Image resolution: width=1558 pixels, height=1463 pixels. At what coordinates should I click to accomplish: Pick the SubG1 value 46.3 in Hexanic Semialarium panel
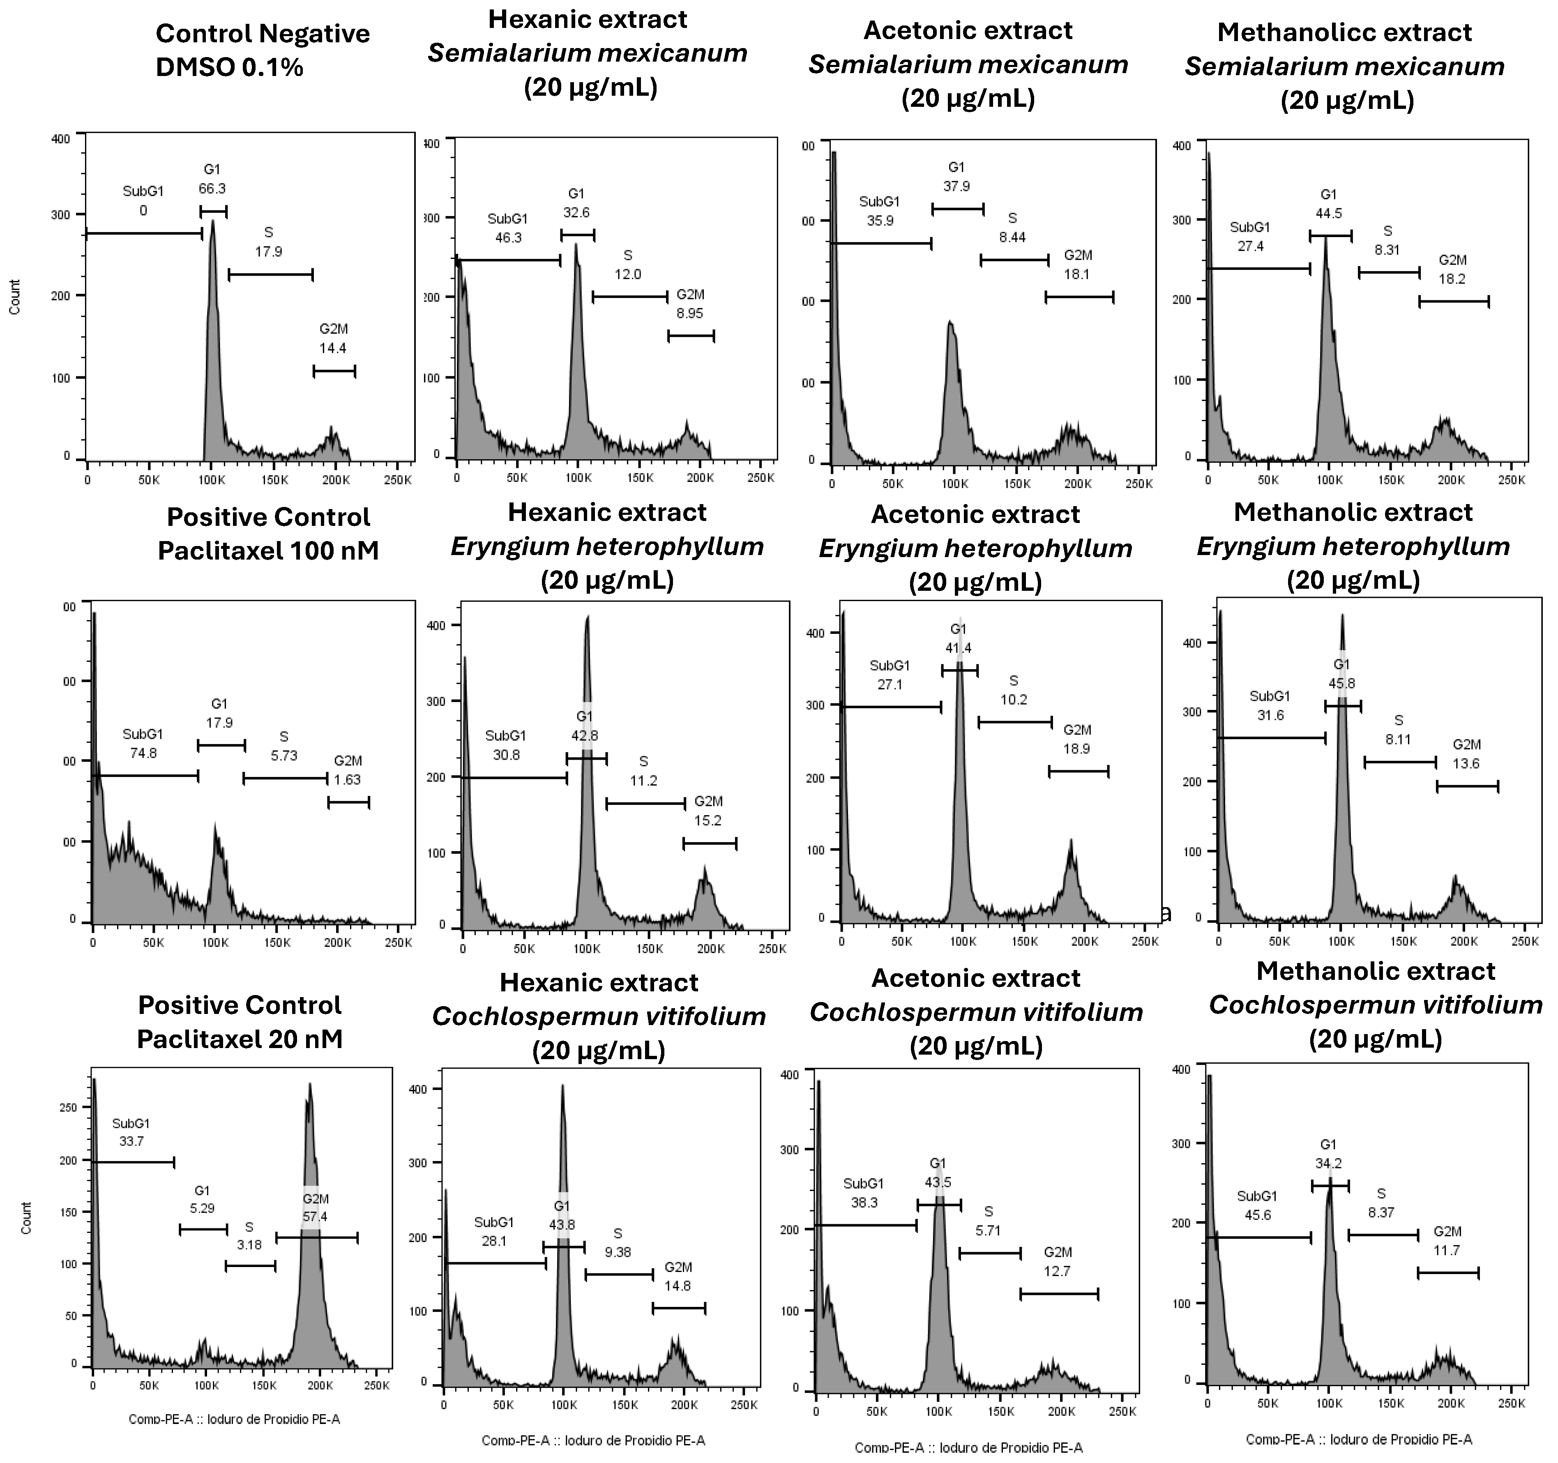(x=508, y=237)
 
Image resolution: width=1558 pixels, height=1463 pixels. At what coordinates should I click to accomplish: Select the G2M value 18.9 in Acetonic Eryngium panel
(x=1077, y=749)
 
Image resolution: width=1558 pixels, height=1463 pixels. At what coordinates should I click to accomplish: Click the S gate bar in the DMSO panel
(x=270, y=275)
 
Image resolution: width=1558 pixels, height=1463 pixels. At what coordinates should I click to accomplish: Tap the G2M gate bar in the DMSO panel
(x=334, y=371)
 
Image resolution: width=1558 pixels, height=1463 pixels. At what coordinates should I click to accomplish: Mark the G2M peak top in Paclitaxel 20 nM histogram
(x=309, y=1085)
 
